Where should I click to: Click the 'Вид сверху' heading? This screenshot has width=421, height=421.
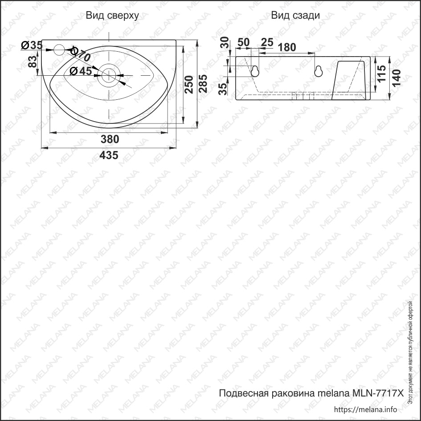pyautogui.click(x=112, y=16)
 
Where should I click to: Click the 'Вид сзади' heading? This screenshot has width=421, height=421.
pyautogui.click(x=295, y=16)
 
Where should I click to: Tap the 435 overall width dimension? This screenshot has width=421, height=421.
pyautogui.click(x=109, y=155)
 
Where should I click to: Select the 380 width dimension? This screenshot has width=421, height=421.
pyautogui.click(x=110, y=139)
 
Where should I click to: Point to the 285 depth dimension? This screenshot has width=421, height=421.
pyautogui.click(x=203, y=83)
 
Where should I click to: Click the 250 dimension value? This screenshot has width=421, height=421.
pyautogui.click(x=188, y=84)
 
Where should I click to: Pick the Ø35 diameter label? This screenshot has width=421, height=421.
pyautogui.click(x=31, y=45)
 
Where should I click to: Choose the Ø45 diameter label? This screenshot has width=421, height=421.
pyautogui.click(x=81, y=71)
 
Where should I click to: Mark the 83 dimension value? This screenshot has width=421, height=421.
pyautogui.click(x=33, y=61)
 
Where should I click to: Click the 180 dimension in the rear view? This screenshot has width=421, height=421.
pyautogui.click(x=287, y=47)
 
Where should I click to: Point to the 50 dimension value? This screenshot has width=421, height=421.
pyautogui.click(x=243, y=42)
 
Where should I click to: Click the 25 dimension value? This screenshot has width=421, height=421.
pyautogui.click(x=267, y=42)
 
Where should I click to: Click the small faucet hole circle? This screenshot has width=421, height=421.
pyautogui.click(x=59, y=49)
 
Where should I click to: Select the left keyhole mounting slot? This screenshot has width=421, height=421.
pyautogui.click(x=255, y=71)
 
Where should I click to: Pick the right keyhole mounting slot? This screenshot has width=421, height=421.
pyautogui.click(x=319, y=71)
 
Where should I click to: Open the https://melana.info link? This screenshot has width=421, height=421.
pyautogui.click(x=365, y=409)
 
